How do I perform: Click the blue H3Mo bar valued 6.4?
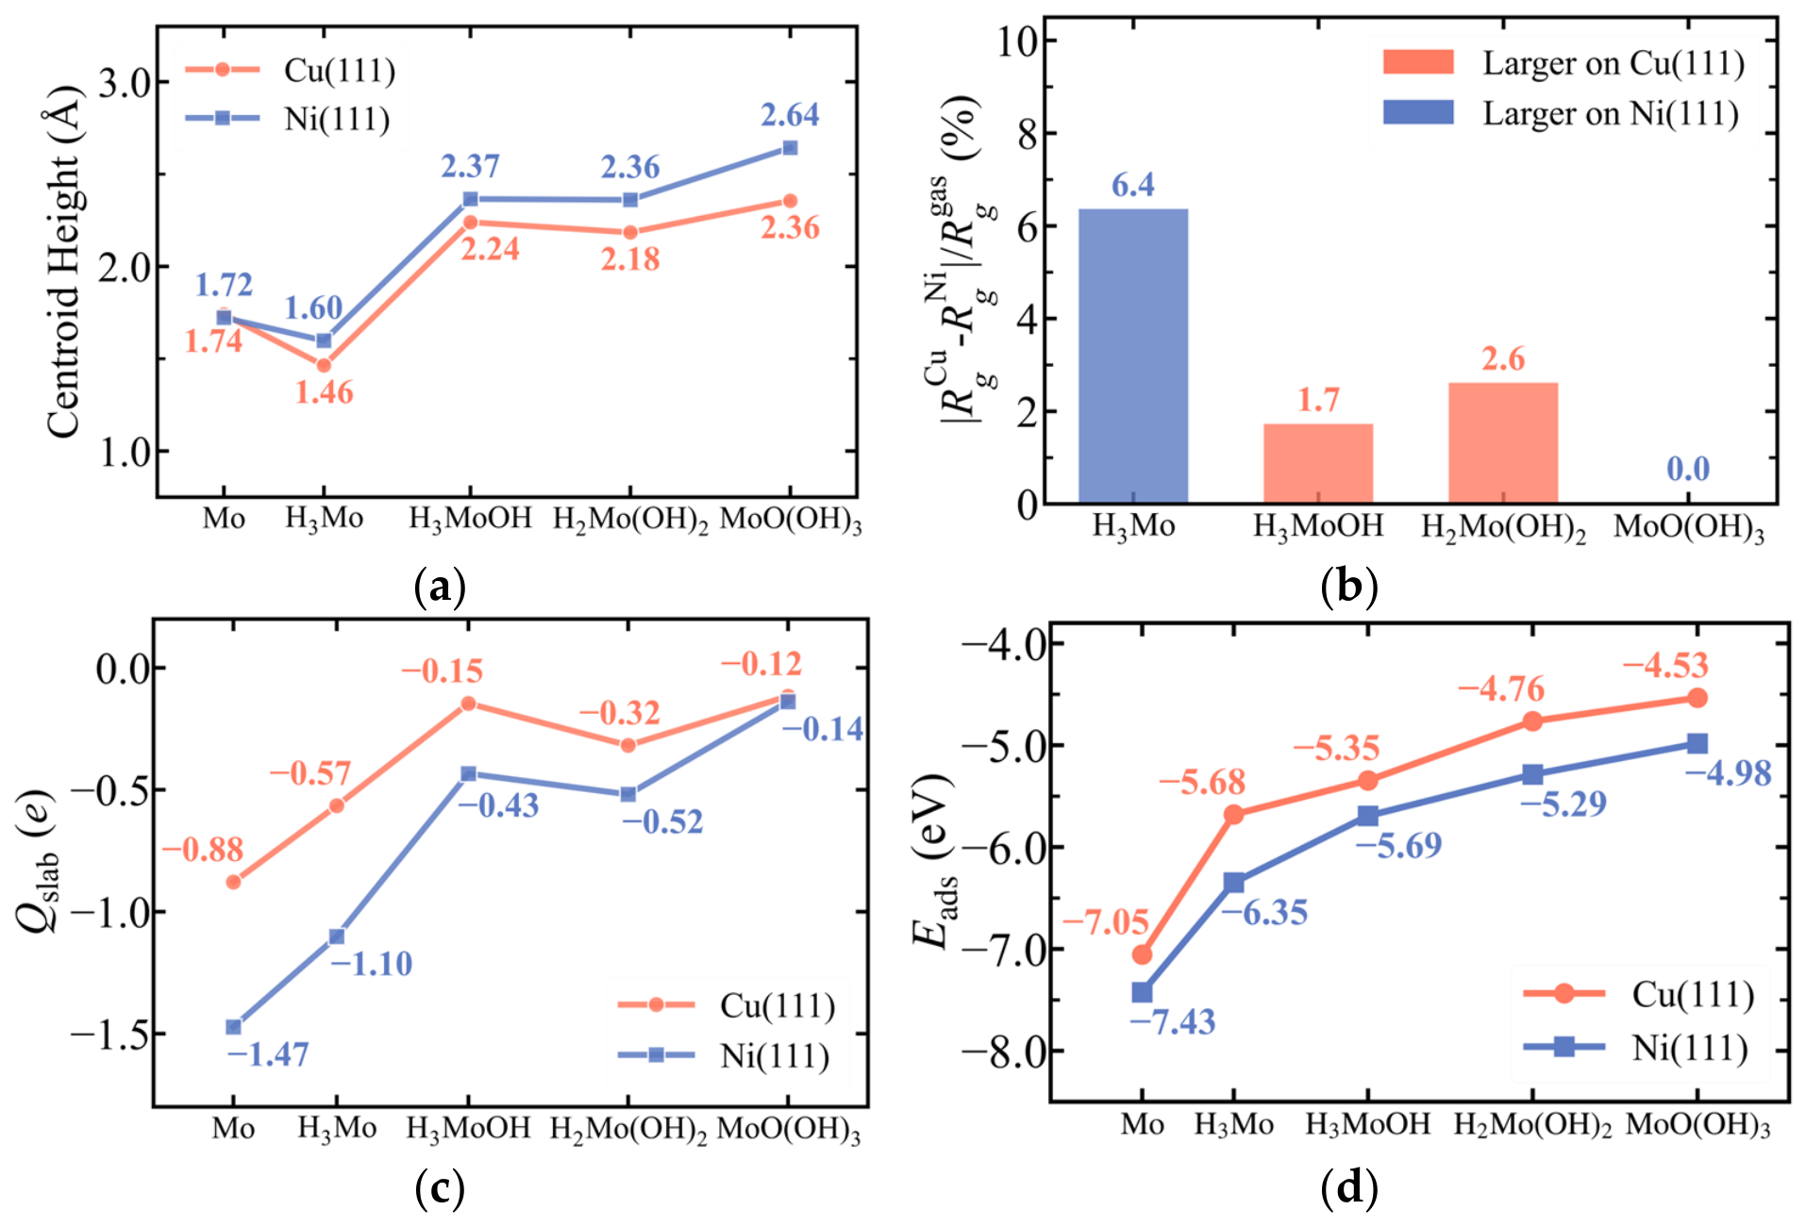pos(1132,356)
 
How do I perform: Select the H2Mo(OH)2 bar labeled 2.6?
pos(1503,442)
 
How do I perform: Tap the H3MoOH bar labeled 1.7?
pos(1318,463)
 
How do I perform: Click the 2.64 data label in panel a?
pos(790,115)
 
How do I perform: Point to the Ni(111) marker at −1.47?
pos(233,1027)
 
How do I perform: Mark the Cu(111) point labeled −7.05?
pos(1142,954)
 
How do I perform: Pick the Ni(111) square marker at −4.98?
pos(1697,744)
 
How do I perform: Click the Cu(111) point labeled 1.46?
pos(324,365)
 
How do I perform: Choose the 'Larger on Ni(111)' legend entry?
pos(1561,113)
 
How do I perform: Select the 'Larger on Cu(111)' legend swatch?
pos(1418,62)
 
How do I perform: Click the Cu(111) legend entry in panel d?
pos(1638,994)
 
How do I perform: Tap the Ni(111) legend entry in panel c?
pos(724,1056)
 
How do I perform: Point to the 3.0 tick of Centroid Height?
pos(127,83)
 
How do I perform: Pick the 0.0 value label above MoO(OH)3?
pos(1687,469)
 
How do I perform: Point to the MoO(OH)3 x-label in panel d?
pos(1697,1125)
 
